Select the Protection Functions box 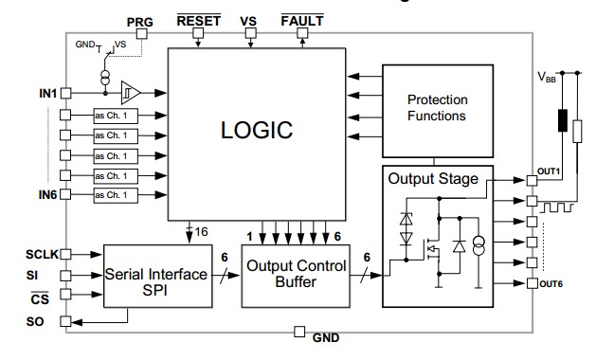(436, 108)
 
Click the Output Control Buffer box (297, 274)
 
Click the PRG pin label (139, 20)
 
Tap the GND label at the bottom (325, 337)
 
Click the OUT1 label (550, 171)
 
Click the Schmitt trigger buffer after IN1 (130, 93)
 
